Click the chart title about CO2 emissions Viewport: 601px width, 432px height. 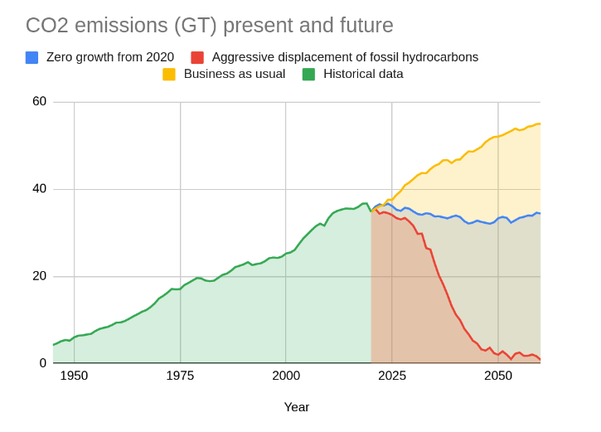coord(209,26)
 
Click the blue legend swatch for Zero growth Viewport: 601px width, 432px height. coord(32,58)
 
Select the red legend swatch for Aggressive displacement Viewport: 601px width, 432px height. coord(197,58)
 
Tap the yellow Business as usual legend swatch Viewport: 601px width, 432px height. coord(169,75)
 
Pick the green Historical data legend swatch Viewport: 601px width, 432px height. coord(308,75)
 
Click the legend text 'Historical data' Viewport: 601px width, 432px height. coord(363,74)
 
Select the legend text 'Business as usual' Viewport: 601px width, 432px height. coord(235,74)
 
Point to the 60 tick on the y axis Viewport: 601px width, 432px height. coord(39,101)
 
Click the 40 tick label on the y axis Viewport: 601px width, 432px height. coord(39,188)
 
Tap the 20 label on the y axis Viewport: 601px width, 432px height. coord(39,275)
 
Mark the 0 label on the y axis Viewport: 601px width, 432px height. coord(43,362)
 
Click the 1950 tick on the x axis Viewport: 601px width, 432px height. coord(74,376)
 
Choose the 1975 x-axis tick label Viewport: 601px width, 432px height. coord(180,376)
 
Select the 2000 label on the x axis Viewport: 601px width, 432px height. coord(286,376)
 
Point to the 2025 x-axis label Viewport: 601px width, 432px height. coord(392,376)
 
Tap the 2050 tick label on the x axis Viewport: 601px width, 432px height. coord(498,376)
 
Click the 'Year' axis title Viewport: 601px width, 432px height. coord(297,407)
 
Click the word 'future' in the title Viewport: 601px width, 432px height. coord(362,26)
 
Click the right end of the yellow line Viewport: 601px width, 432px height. coord(540,124)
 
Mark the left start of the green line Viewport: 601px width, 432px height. coord(54,345)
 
